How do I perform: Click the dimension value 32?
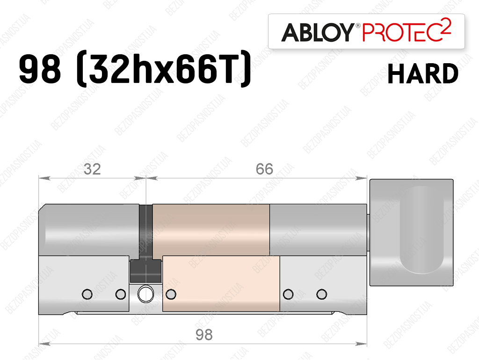coord(92,169)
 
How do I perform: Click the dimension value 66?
coord(264,169)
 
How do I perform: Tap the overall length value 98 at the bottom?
coord(204,335)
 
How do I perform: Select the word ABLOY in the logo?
coord(317,32)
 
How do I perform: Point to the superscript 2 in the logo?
coord(446,26)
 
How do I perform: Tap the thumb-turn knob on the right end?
coord(411,233)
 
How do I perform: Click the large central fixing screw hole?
coord(146,294)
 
